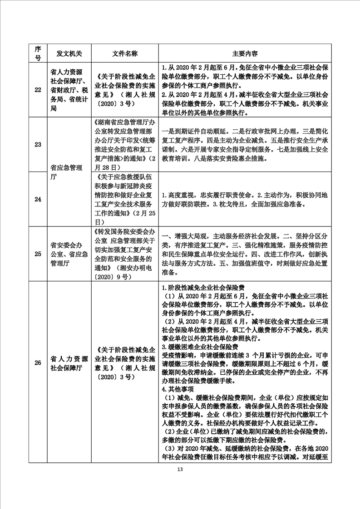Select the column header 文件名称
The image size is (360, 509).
124,53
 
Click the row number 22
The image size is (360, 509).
38,89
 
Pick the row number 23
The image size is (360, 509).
38,145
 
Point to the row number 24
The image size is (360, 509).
38,199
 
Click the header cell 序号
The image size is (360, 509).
38,53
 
